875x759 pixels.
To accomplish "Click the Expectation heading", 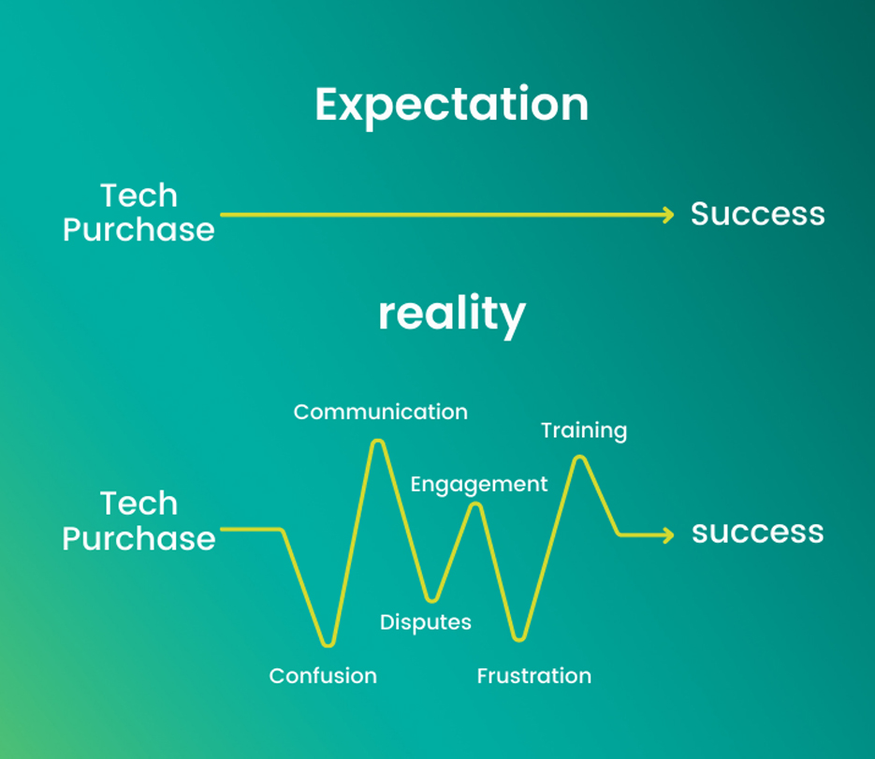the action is (x=451, y=105).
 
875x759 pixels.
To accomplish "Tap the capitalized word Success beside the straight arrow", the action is (x=758, y=213).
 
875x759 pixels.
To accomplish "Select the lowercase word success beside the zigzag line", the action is (x=758, y=532).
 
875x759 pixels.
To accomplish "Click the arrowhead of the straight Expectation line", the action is (x=668, y=215).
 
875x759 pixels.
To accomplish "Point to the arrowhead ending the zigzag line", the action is (x=668, y=535).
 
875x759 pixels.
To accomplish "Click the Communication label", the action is (x=381, y=412).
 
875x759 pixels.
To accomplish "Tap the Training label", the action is (x=584, y=431).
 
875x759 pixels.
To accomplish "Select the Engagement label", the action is (x=479, y=485).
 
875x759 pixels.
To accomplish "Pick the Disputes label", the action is (x=425, y=622).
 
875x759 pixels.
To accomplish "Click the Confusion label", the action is (x=323, y=676).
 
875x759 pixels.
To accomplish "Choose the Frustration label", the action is (x=534, y=676).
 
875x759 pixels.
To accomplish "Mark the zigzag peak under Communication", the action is (x=378, y=443).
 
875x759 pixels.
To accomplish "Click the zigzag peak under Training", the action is (x=580, y=459).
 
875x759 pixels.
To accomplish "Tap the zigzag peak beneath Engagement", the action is (x=475, y=505).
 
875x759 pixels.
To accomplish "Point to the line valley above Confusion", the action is (x=328, y=644).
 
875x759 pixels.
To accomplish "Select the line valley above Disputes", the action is (x=431, y=599).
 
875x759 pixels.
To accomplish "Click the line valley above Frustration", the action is (x=519, y=638).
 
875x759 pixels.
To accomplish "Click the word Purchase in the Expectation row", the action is (x=139, y=230).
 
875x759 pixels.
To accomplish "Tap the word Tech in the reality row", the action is (x=139, y=504).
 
